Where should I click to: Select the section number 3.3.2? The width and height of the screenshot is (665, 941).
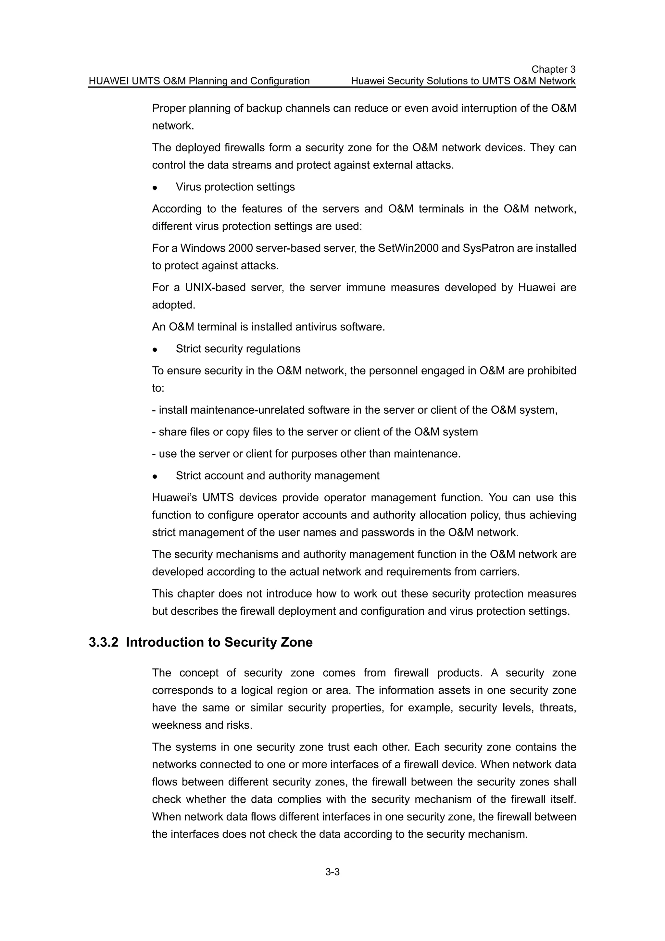pyautogui.click(x=103, y=642)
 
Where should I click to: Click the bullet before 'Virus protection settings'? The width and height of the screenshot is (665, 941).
pyautogui.click(x=155, y=188)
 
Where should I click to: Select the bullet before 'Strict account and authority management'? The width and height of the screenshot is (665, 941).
pyautogui.click(x=155, y=477)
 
